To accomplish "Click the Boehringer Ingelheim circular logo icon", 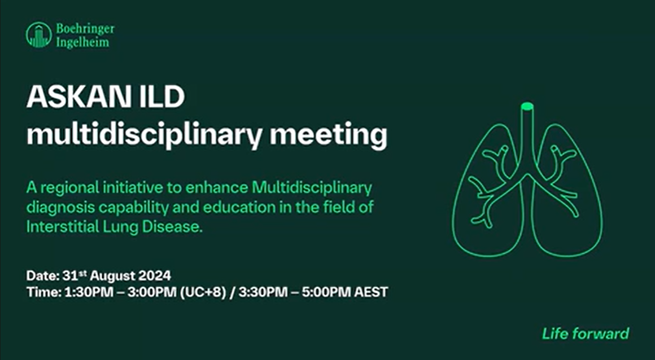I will point(38,35).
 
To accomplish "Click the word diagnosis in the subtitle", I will point(58,208).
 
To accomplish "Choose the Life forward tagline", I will point(585,333).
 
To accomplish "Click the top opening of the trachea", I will point(527,106).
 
